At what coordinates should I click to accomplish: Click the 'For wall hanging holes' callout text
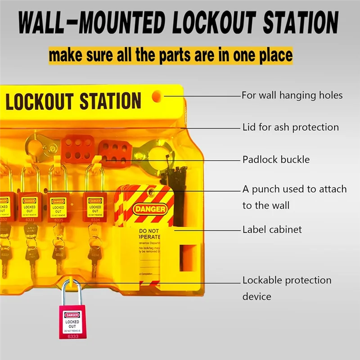click(x=292, y=95)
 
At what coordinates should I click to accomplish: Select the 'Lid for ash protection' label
click(x=290, y=127)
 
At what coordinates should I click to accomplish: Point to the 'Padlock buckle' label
click(x=276, y=160)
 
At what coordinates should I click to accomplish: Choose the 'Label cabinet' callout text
click(x=272, y=229)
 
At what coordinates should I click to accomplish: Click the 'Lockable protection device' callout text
click(x=287, y=288)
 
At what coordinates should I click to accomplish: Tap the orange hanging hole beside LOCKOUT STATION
click(x=156, y=96)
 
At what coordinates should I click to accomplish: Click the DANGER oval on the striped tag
click(x=150, y=209)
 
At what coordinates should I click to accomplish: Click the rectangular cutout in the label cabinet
click(x=188, y=258)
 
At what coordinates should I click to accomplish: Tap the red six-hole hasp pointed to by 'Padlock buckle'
click(x=115, y=151)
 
